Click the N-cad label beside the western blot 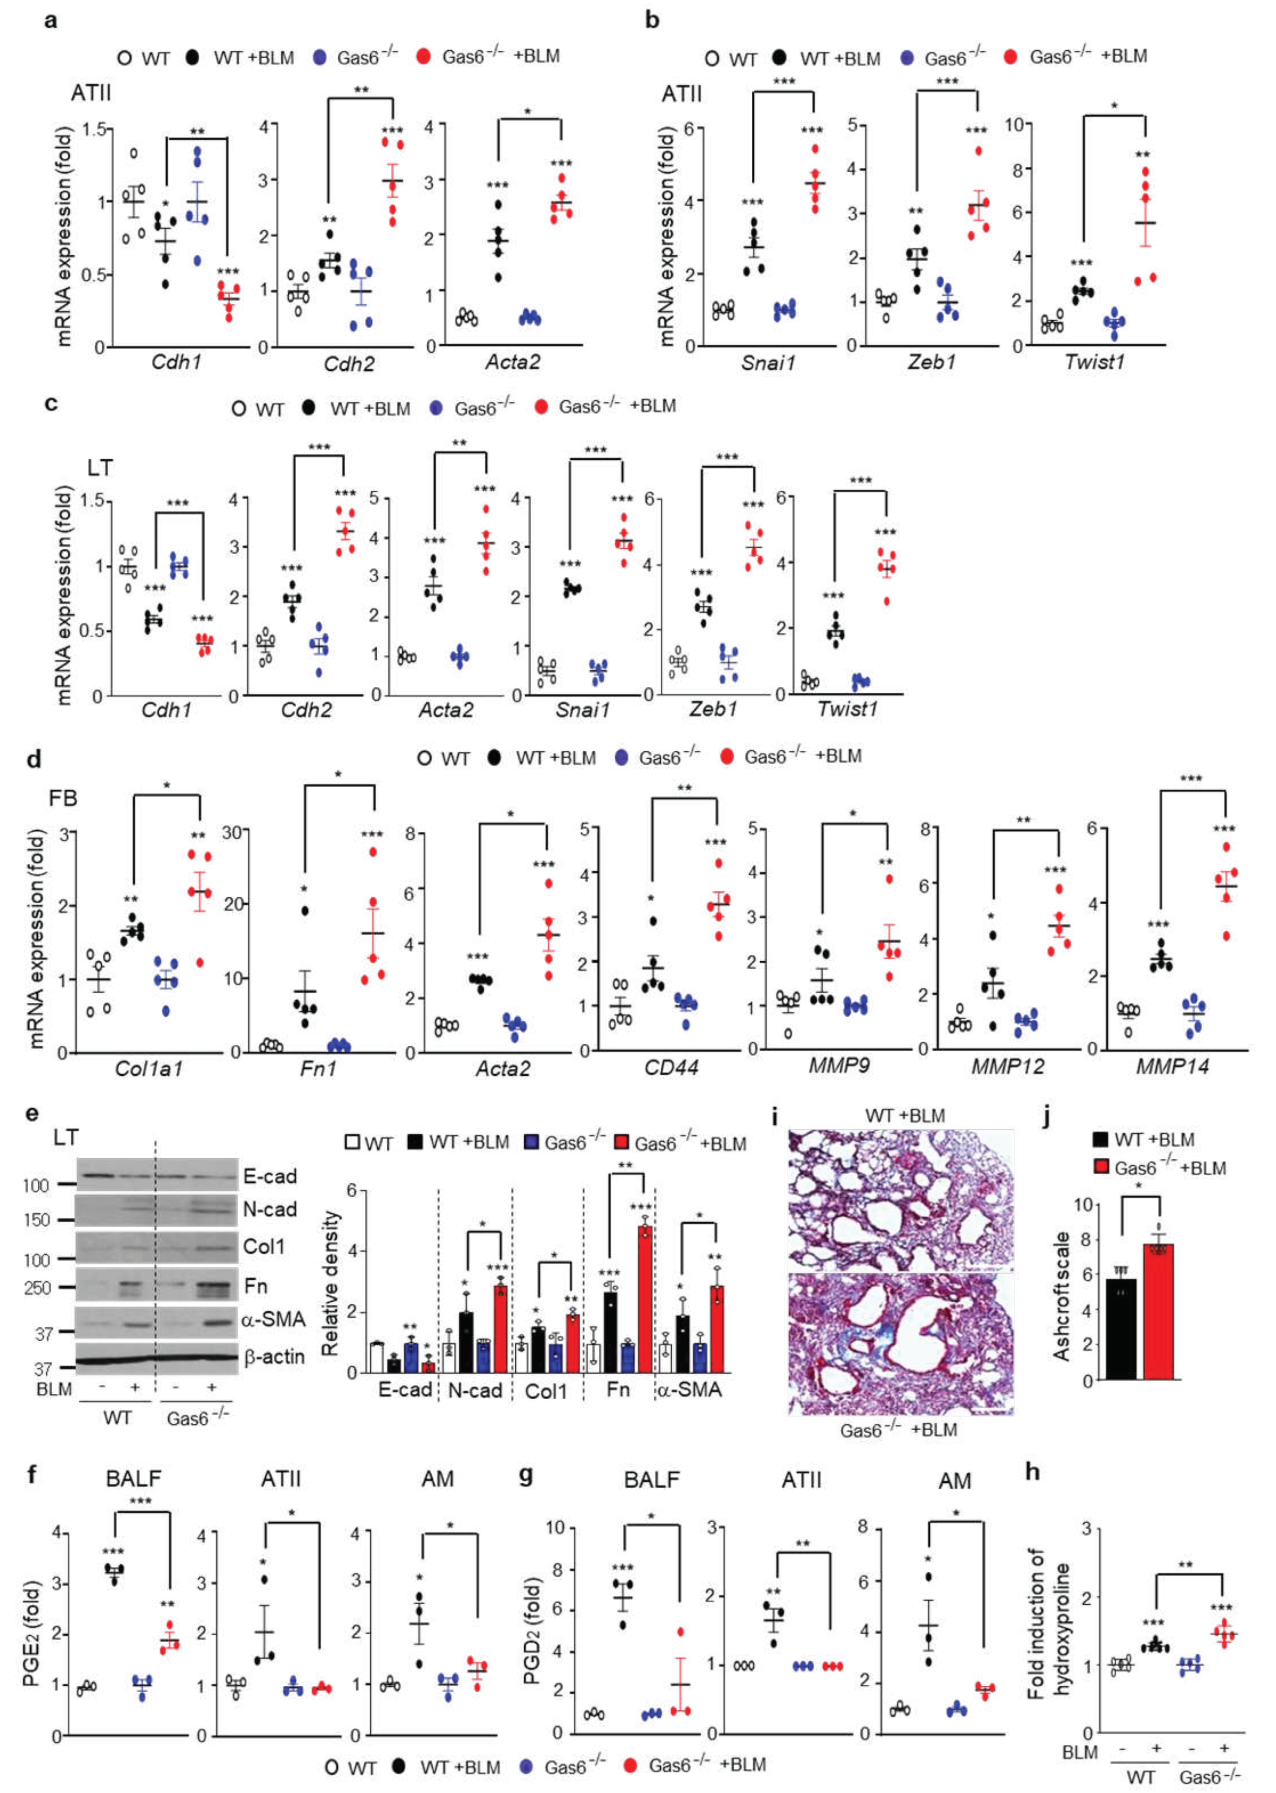(269, 1210)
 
